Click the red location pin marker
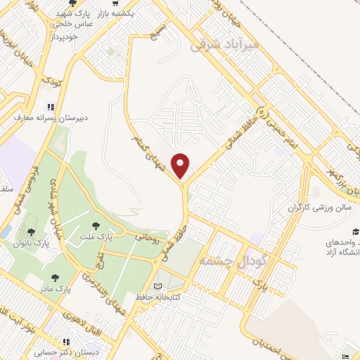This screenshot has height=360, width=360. tap(181, 165)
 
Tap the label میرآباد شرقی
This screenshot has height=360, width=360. tap(225, 46)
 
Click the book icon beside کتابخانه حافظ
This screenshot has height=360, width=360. tap(157, 286)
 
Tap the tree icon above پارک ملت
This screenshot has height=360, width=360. tap(96, 225)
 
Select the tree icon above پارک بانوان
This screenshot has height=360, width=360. tap(31, 232)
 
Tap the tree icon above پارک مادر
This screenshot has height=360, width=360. tap(54, 278)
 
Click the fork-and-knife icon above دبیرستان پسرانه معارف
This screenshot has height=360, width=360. tap(49, 107)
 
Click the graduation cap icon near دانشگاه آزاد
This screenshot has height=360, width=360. tap(356, 231)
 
